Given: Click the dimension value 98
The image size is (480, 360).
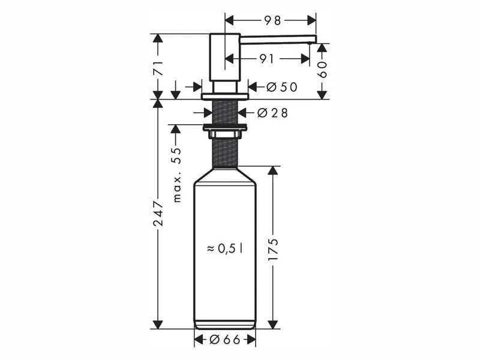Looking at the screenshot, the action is click(272, 20).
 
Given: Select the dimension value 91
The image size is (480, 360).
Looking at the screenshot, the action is click(266, 59).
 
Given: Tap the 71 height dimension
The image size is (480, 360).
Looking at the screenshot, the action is click(158, 68).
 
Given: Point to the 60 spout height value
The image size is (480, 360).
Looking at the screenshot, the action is click(323, 70).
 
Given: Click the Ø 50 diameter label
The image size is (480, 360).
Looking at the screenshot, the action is click(281, 87).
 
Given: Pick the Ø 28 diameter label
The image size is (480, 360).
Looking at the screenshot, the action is click(272, 113).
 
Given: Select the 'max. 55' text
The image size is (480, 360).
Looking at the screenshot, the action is click(177, 175).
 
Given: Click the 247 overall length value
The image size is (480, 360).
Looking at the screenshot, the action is click(158, 214).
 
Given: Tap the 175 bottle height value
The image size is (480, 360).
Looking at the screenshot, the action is click(273, 250).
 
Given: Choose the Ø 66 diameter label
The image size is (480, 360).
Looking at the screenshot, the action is click(225, 340).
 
